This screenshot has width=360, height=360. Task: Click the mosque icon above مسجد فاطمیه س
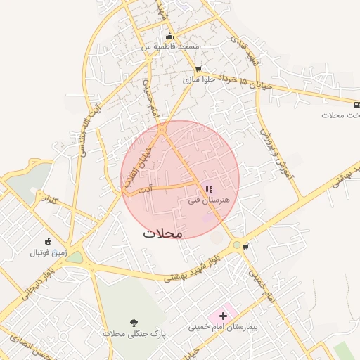point(169,37)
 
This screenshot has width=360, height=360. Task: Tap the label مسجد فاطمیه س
point(171,46)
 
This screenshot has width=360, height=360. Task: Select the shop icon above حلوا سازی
point(198,70)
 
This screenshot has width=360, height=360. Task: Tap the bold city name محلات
point(162,233)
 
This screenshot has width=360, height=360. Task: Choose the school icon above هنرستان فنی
point(209,189)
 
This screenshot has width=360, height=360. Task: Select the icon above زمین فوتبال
point(48,242)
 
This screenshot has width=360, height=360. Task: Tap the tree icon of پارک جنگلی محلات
point(133,323)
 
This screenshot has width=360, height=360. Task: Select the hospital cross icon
point(224,316)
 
